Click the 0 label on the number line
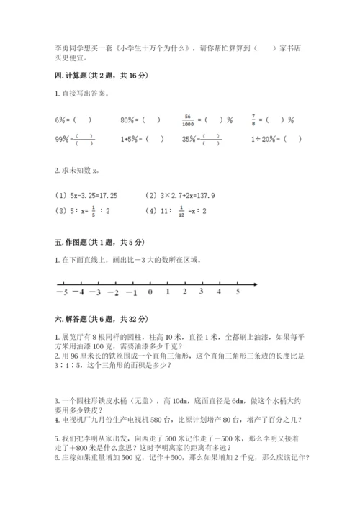[150, 292]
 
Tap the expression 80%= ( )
[134, 119]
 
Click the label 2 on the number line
[184, 292]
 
